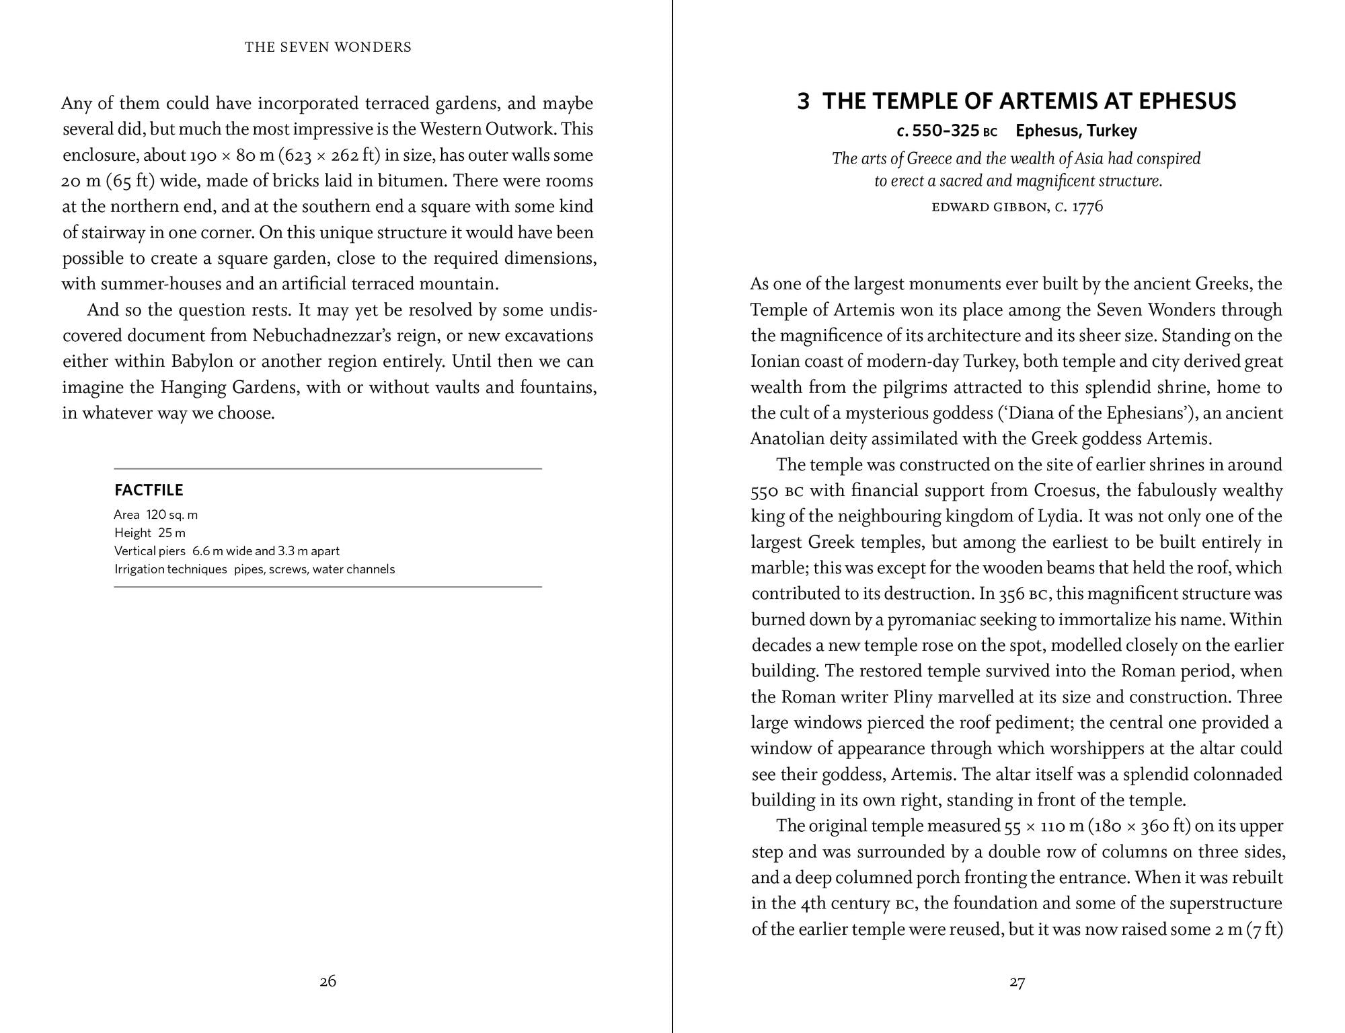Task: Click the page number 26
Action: [x=328, y=981]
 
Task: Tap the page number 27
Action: [x=1017, y=983]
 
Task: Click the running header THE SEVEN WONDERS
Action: [x=328, y=47]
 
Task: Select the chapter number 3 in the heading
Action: [x=804, y=102]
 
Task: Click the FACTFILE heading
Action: [x=149, y=490]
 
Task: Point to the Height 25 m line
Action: [x=149, y=533]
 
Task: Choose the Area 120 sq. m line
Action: [x=155, y=515]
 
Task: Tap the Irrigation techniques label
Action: [x=170, y=569]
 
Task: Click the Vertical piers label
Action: [x=149, y=551]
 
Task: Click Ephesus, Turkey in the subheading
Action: [x=1076, y=131]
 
